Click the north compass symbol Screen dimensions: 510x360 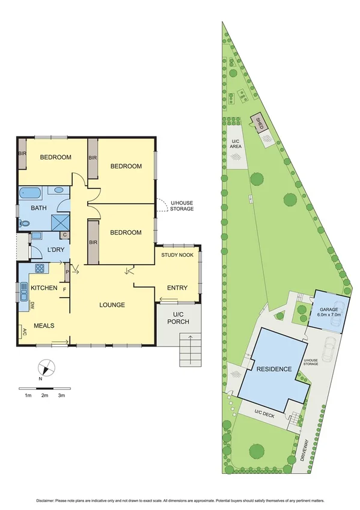point(44,369)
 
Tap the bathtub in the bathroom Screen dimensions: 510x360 point(29,193)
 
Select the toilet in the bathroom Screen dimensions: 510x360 point(24,223)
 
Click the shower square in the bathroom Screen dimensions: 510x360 point(59,223)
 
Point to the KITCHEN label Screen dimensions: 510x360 point(43,288)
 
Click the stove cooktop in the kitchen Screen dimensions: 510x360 point(40,268)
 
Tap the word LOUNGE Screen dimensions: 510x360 point(112,305)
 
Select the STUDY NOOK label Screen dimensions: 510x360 point(176,256)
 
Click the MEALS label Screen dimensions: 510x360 point(44,325)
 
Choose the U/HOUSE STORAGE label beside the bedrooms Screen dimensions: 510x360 point(182,206)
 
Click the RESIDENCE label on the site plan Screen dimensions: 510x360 point(273,369)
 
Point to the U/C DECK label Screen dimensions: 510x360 point(265,413)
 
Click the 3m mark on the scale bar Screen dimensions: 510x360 point(61,396)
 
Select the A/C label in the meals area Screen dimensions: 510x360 point(24,331)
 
